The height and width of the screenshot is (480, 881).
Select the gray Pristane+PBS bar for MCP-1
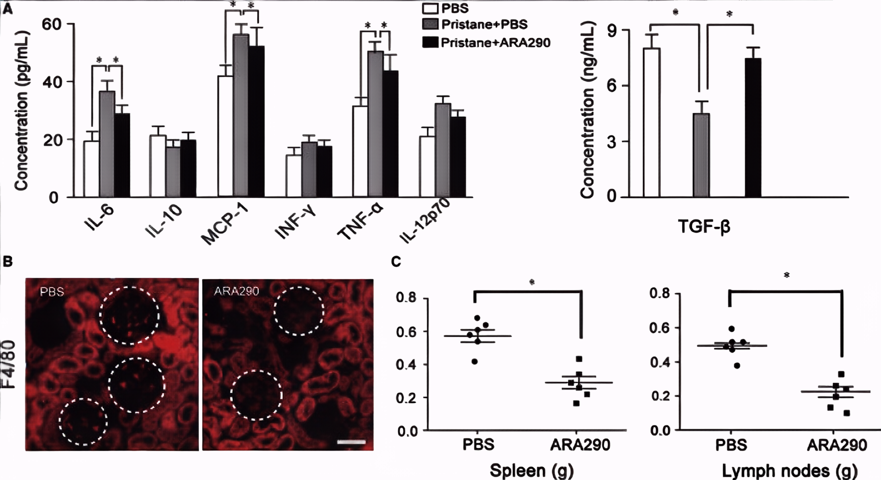pyautogui.click(x=241, y=115)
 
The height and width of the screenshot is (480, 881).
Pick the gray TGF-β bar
pyautogui.click(x=701, y=155)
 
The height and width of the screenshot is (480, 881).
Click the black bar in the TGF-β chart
pyautogui.click(x=753, y=127)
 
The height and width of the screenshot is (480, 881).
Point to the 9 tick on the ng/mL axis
pyautogui.click(x=612, y=31)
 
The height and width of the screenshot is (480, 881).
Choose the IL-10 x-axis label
pyautogui.click(x=163, y=221)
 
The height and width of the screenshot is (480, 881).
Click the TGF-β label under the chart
pyautogui.click(x=704, y=226)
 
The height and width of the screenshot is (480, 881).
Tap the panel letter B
pyautogui.click(x=8, y=261)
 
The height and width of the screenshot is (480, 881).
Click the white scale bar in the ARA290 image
pyautogui.click(x=351, y=442)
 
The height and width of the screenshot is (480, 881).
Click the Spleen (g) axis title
pyautogui.click(x=531, y=470)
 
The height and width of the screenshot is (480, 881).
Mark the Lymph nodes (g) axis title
pyautogui.click(x=789, y=470)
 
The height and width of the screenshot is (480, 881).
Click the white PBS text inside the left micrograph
pyautogui.click(x=52, y=291)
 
